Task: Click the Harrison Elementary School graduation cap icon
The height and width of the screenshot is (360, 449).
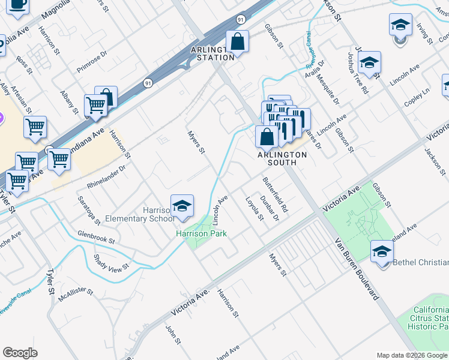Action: point(181,206)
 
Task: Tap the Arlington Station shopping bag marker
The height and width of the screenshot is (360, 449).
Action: point(237,42)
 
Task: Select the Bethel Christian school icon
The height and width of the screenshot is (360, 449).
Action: point(382,251)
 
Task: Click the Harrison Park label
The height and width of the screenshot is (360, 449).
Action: point(201,233)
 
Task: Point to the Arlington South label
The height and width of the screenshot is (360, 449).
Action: point(282,154)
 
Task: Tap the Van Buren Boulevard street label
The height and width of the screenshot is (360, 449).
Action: point(358,268)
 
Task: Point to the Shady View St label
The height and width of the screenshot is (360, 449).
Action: point(112,262)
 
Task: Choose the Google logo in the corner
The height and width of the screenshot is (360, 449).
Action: point(20,353)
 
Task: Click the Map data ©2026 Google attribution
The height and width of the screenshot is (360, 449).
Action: point(411,355)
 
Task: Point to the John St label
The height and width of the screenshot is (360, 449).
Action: point(173,335)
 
